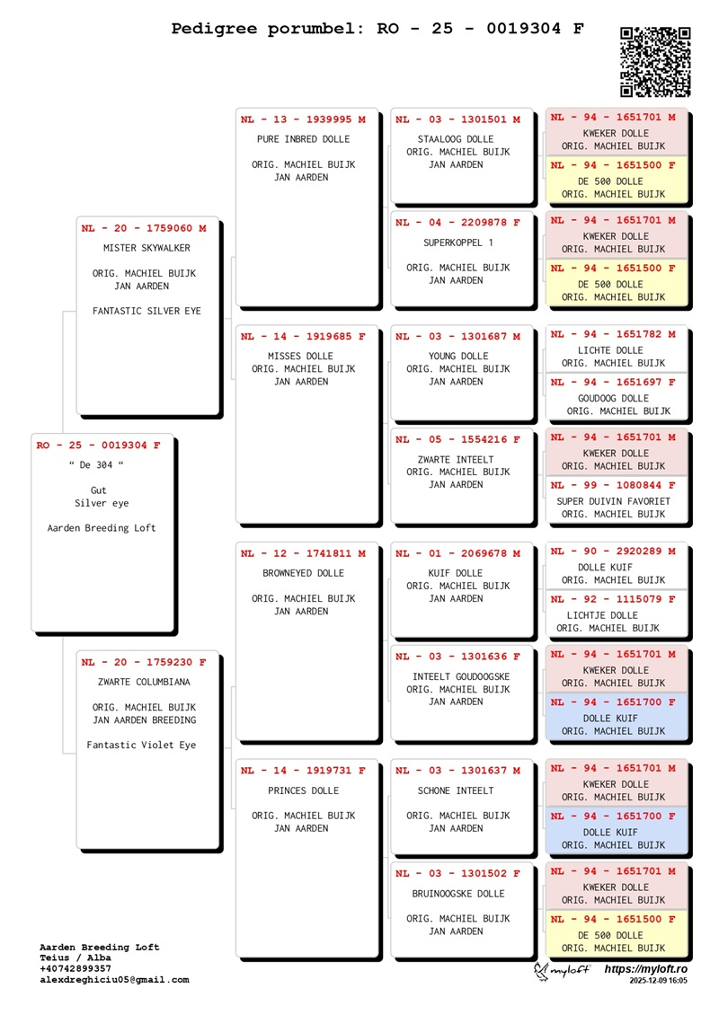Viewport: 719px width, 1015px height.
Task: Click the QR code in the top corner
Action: coord(655,61)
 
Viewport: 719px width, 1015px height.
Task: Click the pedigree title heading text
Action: coord(377,29)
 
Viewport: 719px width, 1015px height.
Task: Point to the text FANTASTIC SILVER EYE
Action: coord(146,312)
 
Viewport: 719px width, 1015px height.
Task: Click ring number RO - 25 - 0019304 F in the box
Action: coord(99,445)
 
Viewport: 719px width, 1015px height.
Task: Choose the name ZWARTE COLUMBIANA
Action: coord(144,682)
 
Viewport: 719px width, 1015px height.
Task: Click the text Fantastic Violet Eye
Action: coord(141,745)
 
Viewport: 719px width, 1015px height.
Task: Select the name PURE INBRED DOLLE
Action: coord(303,139)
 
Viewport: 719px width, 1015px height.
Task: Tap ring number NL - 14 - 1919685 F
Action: coord(303,337)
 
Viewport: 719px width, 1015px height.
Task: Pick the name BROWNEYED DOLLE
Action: coord(303,573)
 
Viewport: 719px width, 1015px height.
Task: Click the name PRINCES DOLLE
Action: coord(303,791)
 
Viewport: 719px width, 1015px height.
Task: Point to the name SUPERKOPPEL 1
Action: coord(457,243)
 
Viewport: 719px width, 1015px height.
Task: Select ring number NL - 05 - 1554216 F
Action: coord(457,440)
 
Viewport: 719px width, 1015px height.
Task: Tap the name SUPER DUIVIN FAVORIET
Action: coord(613,501)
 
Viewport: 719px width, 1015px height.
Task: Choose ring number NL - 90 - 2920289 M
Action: coord(613,552)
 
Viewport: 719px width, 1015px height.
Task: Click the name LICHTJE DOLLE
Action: coord(602,615)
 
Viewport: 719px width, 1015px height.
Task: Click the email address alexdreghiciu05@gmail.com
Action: coord(114,980)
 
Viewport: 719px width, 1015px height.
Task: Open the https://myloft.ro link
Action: coord(645,969)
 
